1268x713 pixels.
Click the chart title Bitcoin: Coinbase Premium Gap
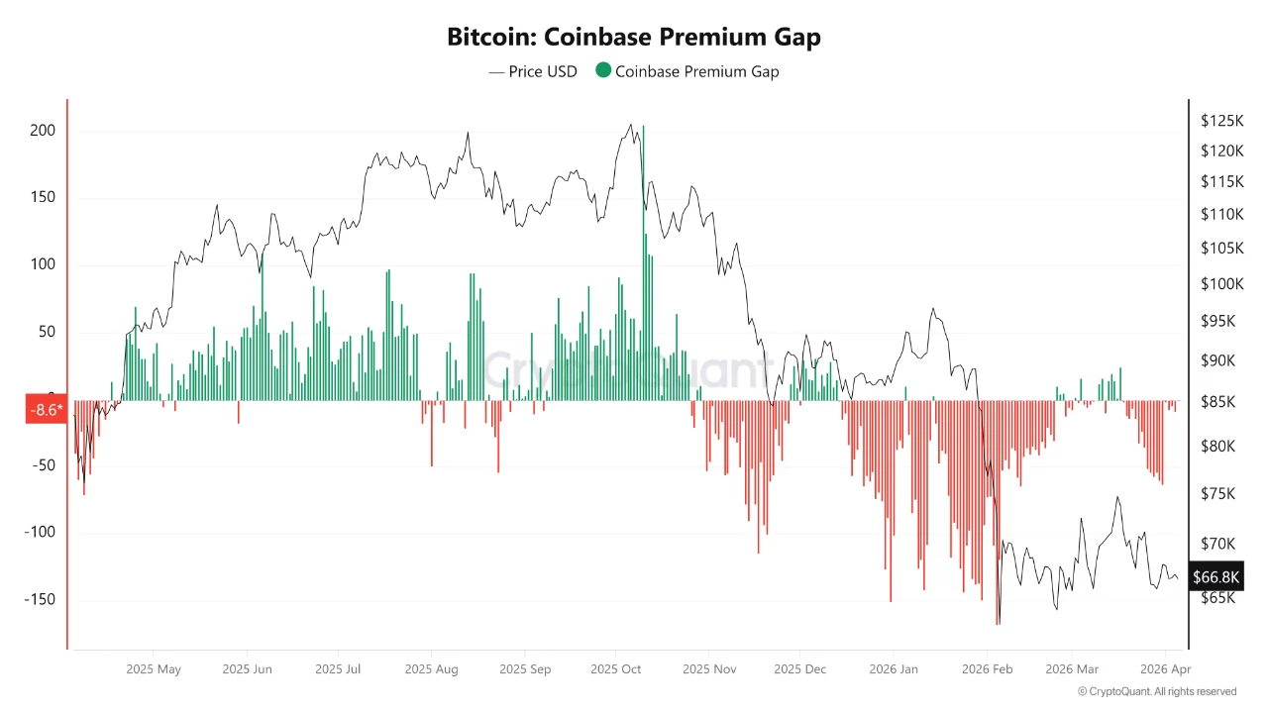coord(634,38)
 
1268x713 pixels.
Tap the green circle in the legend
coord(602,70)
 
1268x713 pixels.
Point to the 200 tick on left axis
coord(42,131)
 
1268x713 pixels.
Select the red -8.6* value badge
coord(46,409)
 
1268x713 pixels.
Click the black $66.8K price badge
coord(1216,576)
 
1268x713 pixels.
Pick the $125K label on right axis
coord(1221,121)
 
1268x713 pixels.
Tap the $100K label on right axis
coord(1221,284)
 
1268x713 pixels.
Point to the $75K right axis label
coord(1218,493)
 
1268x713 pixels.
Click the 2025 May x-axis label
coord(154,669)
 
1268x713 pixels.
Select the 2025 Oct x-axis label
coord(615,669)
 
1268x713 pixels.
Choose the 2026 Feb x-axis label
coord(987,669)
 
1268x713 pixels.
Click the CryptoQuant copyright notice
coord(1157,691)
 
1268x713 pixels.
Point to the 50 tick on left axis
coord(47,332)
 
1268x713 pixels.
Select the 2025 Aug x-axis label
coord(431,669)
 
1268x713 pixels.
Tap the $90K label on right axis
coord(1218,360)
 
